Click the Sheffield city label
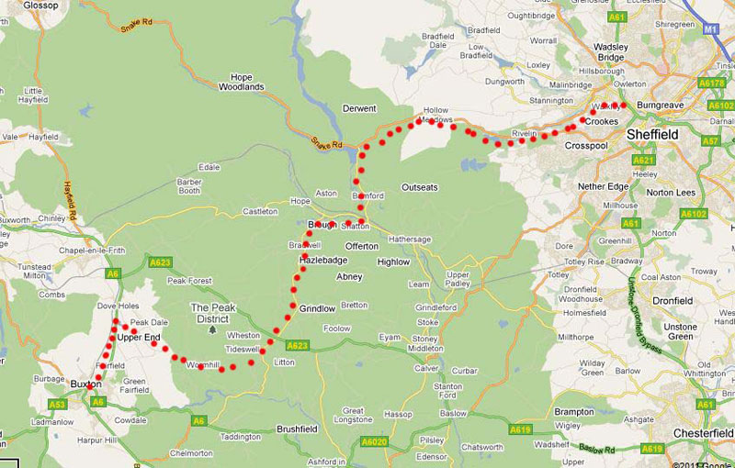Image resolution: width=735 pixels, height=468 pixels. [652, 134]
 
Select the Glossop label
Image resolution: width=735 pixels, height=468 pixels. [17, 5]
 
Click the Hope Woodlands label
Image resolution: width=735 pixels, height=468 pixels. [242, 82]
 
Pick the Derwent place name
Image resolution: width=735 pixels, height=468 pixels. [359, 108]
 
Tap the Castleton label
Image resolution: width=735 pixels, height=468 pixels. [260, 212]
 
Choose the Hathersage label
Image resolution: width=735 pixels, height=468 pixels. [410, 239]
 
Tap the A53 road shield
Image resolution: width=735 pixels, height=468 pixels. [57, 404]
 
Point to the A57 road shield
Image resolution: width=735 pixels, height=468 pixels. [710, 140]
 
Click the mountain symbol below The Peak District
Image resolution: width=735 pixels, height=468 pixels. [213, 329]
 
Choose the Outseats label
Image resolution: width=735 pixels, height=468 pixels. [420, 187]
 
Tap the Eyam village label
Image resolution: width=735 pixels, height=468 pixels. [390, 338]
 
